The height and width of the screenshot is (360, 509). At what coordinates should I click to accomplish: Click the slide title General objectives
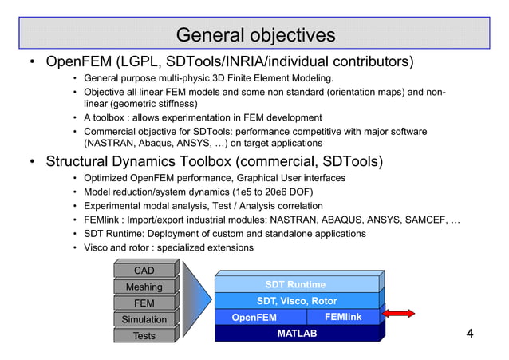255,36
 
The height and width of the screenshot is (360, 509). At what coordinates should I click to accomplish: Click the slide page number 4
470,333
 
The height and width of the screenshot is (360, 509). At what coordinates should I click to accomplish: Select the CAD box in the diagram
144,271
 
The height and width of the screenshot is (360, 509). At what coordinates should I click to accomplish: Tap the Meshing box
144,287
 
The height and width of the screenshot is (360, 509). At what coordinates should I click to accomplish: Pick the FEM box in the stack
144,303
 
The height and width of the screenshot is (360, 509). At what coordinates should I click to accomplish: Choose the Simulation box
144,319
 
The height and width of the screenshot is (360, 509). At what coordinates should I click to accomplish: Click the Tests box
144,335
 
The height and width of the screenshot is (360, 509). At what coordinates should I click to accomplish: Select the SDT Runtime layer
295,284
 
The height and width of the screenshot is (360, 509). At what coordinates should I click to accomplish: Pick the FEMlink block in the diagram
343,317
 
